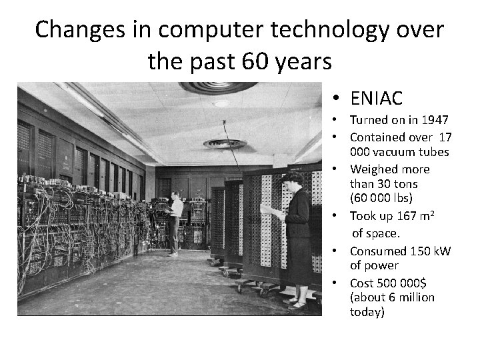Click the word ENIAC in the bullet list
pos(376,99)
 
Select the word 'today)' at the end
pos(367,311)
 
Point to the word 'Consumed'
pos(378,251)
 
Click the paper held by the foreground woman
pos(271,210)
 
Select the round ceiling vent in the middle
pos(225,143)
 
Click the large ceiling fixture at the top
pos(218,87)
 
